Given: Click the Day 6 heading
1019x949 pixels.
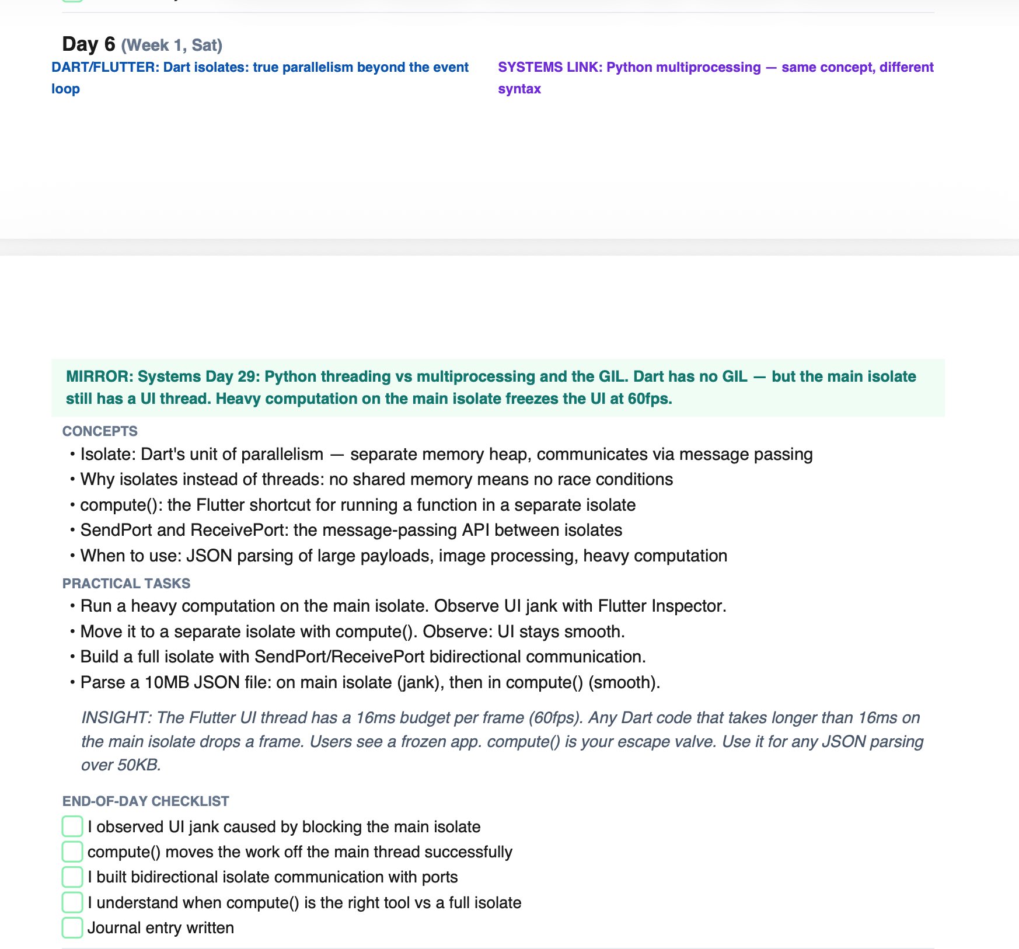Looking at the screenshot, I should [89, 44].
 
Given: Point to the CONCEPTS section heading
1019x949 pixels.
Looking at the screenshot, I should [100, 431].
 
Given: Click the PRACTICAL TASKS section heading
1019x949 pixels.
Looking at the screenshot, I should [126, 584].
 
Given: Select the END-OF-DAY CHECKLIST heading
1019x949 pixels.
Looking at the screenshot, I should [145, 801].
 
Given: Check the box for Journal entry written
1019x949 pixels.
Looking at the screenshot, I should [72, 927].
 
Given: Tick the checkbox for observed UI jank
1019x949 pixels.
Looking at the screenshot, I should [72, 826].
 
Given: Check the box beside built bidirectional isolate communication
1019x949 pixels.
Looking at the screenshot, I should [72, 877].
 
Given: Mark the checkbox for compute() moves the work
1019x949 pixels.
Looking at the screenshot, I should [72, 852].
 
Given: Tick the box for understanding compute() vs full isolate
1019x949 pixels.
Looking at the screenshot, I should [72, 902].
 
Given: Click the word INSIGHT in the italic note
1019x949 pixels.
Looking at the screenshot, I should [115, 717].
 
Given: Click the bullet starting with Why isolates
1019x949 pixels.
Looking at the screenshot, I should [376, 479].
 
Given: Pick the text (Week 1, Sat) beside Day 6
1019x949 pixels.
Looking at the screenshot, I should [172, 45].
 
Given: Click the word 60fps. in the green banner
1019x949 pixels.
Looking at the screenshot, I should [650, 399].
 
